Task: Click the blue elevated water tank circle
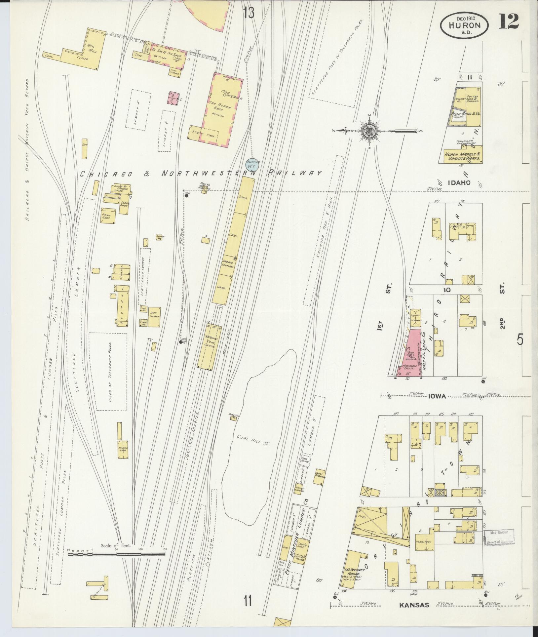tap(252, 164)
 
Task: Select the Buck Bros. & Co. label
tap(466, 113)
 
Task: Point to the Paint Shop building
tap(106, 216)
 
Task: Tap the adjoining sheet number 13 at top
tap(249, 14)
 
